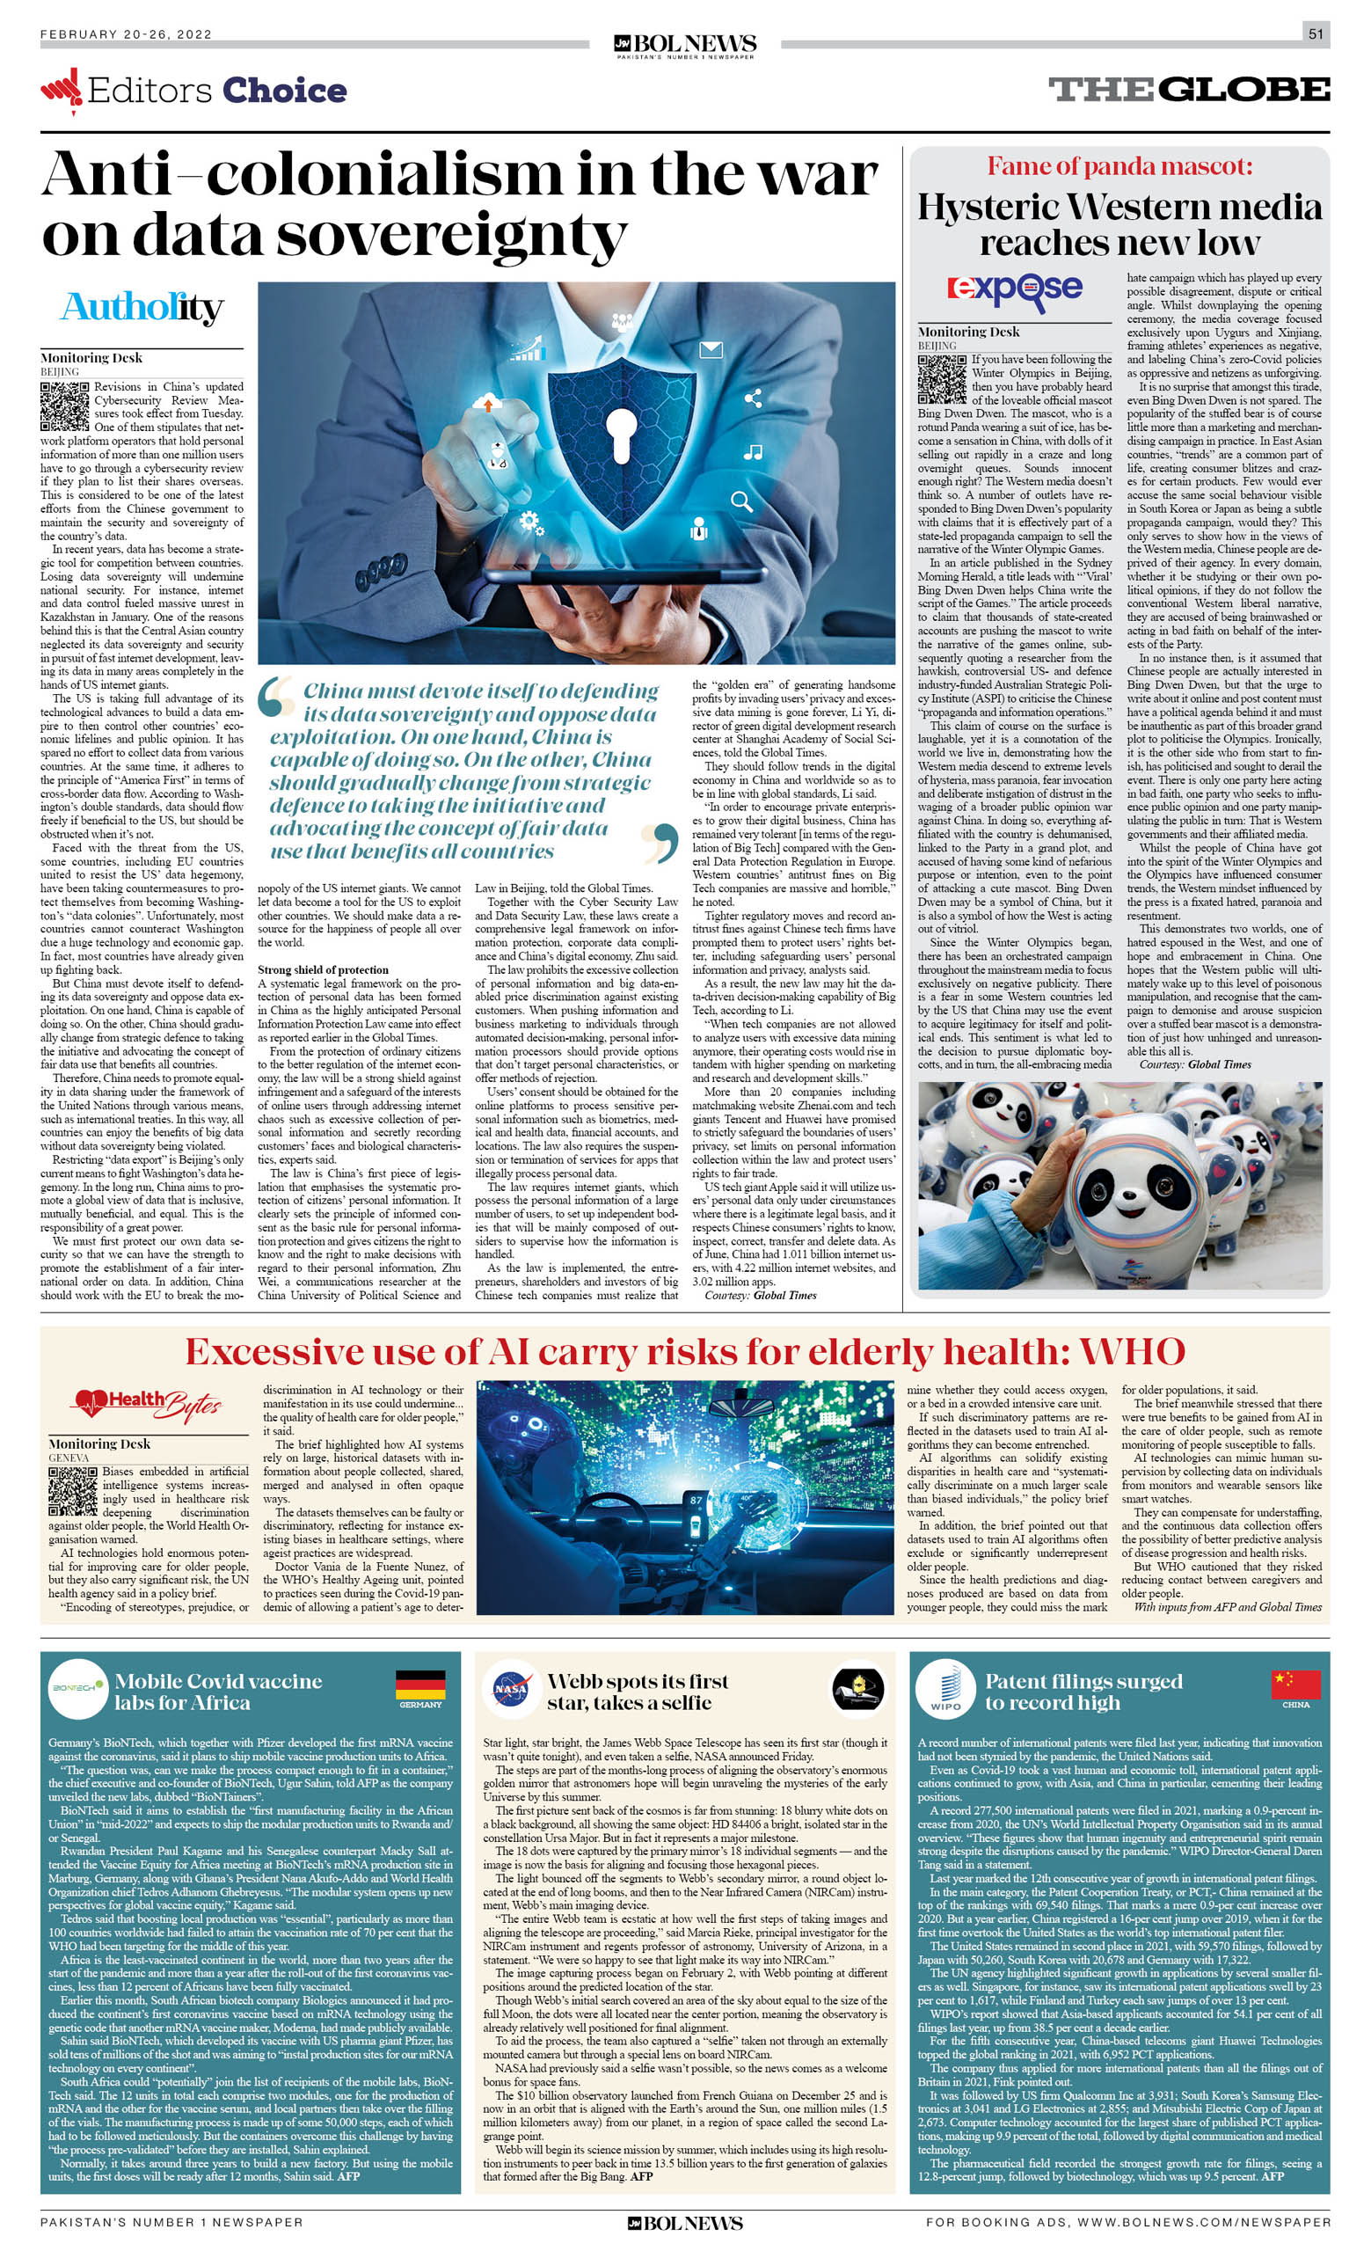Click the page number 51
[x=1316, y=33]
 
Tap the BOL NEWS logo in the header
[x=685, y=45]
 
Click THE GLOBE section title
[x=1188, y=90]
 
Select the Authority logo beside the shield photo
[x=142, y=308]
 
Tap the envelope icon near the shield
[x=711, y=349]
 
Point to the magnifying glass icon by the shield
[x=741, y=501]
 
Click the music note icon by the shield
[x=753, y=451]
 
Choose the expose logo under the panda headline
[x=1014, y=289]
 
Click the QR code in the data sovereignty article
[x=64, y=406]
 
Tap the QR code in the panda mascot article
[x=942, y=379]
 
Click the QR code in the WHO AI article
[x=72, y=1492]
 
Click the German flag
[x=420, y=1684]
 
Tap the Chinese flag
[x=1295, y=1683]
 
